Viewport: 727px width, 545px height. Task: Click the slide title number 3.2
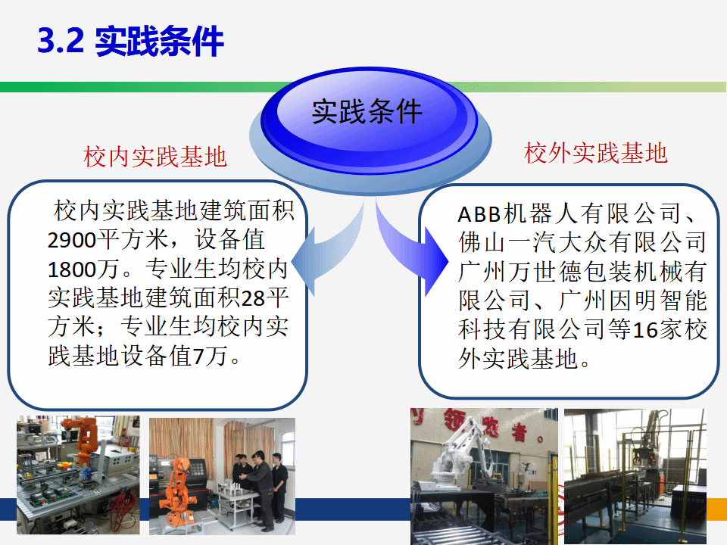pyautogui.click(x=61, y=40)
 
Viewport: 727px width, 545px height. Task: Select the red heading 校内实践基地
pyautogui.click(x=154, y=156)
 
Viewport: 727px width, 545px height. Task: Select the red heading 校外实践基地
pyautogui.click(x=596, y=152)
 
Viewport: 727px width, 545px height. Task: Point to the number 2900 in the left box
pyautogui.click(x=72, y=240)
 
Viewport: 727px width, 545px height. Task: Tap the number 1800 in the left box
pyautogui.click(x=72, y=269)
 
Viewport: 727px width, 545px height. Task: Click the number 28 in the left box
pyautogui.click(x=253, y=298)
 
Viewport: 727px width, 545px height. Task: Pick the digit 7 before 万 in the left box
pyautogui.click(x=198, y=357)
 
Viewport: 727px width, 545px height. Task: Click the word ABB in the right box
pyautogui.click(x=479, y=214)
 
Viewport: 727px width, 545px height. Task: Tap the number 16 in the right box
pyautogui.click(x=645, y=330)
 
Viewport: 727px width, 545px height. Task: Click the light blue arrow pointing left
pyautogui.click(x=326, y=251)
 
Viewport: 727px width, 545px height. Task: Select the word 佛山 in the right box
pyautogui.click(x=482, y=243)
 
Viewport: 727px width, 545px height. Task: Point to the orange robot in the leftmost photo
pyautogui.click(x=83, y=441)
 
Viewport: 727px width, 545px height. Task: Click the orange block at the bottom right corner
pyautogui.click(x=716, y=509)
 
